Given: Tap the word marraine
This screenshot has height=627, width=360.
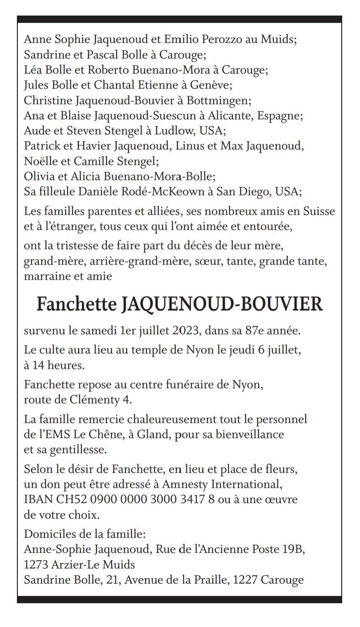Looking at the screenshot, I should click(x=47, y=276).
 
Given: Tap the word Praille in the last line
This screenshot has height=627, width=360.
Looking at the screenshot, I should click(x=210, y=580).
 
